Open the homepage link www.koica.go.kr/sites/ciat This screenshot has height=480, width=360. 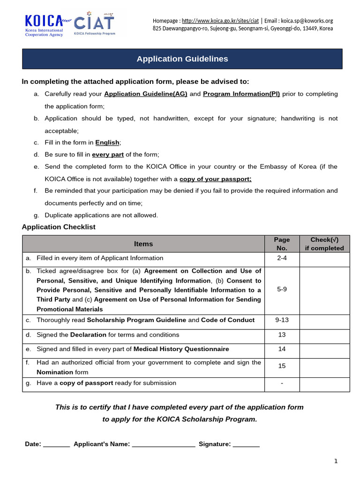220,21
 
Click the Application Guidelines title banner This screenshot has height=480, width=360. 182,59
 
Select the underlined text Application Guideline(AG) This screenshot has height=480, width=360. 146,94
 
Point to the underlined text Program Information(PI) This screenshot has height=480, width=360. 241,94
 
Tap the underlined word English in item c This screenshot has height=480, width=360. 107,142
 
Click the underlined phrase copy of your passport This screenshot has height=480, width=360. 216,179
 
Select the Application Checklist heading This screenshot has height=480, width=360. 59,227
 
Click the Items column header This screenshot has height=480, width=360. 143,244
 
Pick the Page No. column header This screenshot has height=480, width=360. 282,244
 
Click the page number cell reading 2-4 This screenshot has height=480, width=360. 282,258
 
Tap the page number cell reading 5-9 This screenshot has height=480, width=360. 282,290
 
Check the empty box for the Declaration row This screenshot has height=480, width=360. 324,335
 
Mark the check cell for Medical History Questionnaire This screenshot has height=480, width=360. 324,350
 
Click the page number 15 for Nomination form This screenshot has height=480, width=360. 282,366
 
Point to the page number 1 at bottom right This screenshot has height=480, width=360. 336,461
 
